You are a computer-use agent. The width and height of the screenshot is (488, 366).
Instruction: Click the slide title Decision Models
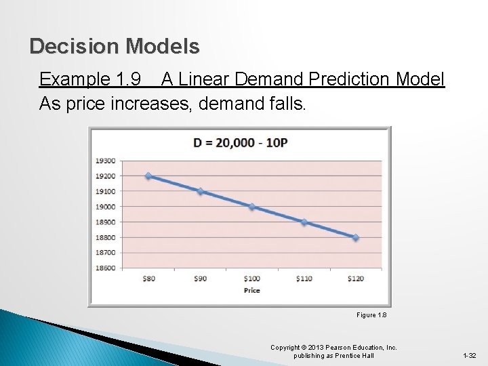[x=115, y=46]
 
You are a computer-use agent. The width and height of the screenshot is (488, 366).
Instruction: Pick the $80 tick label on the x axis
[x=148, y=279]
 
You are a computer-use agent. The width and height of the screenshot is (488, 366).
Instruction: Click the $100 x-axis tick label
[x=252, y=279]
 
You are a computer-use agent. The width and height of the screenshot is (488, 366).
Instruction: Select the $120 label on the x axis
[x=356, y=279]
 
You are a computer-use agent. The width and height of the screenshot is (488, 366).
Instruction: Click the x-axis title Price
[x=251, y=290]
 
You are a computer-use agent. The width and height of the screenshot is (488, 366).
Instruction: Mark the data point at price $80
[x=148, y=176]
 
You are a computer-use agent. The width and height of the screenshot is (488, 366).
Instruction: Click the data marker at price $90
[x=200, y=191]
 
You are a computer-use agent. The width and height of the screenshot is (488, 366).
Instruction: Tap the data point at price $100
[x=252, y=207]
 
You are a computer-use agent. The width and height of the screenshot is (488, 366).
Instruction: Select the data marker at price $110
[x=304, y=222]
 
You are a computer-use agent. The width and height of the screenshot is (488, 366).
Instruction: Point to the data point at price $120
[x=356, y=237]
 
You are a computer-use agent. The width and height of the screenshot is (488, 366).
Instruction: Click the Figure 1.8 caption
[x=371, y=315]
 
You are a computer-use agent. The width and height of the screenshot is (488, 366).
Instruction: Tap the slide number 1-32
[x=469, y=356]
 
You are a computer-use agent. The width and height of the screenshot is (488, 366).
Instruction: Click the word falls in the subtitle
[x=287, y=104]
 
